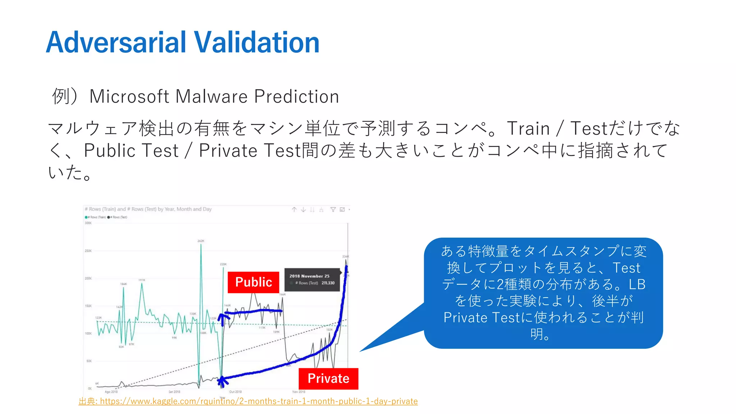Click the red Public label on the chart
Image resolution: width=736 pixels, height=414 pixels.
coord(253,282)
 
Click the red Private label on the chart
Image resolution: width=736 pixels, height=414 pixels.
coord(328,378)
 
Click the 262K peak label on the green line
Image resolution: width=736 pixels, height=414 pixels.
coord(201,241)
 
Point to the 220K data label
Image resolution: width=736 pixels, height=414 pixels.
coord(223,264)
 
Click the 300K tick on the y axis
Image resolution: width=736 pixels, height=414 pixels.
coord(88,223)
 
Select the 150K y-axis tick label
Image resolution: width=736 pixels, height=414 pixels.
coord(88,306)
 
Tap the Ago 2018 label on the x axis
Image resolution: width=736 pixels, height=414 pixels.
coord(111,392)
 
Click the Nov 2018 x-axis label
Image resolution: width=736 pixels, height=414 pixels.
coord(299,392)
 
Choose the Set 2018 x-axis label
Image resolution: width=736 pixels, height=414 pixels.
coord(174,392)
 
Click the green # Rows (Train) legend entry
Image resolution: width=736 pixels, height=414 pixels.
coord(96,217)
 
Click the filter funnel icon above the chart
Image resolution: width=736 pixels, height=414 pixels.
coord(333,210)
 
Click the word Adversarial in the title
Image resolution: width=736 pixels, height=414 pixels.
coord(116,42)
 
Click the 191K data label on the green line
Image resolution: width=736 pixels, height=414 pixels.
coord(142,280)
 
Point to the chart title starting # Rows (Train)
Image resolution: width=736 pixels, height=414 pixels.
coord(148,209)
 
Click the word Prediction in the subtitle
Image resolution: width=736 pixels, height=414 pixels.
coord(296,96)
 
